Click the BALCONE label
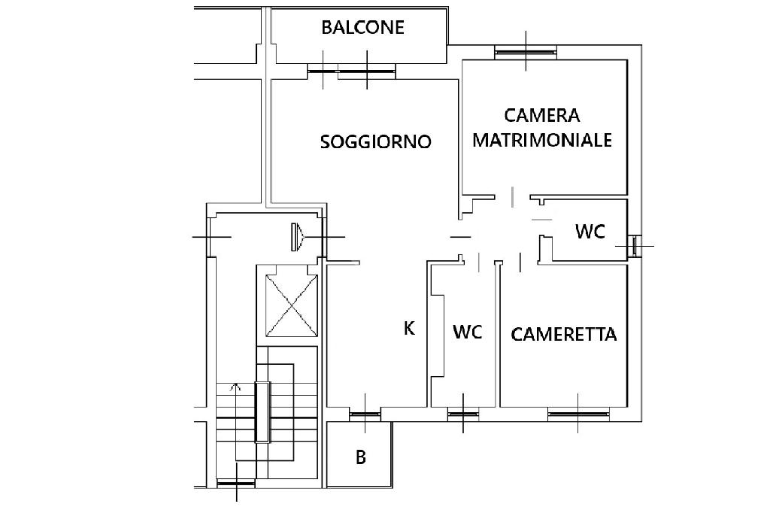click(x=362, y=28)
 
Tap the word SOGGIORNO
click(x=375, y=141)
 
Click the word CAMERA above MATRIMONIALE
click(x=542, y=116)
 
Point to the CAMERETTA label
click(x=564, y=335)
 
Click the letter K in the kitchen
click(x=410, y=328)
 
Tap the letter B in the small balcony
click(x=361, y=457)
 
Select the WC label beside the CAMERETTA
click(x=467, y=332)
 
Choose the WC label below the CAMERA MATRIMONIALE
click(x=590, y=232)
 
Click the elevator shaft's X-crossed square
click(x=293, y=305)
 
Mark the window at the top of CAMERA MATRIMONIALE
click(x=526, y=51)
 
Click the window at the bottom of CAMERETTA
click(x=577, y=411)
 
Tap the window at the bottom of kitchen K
click(x=365, y=412)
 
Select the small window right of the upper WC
click(x=635, y=245)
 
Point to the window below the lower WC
click(x=462, y=412)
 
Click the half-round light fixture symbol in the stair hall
click(x=296, y=237)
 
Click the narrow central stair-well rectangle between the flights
click(x=262, y=412)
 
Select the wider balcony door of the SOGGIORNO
click(x=366, y=72)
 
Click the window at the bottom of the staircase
click(x=237, y=484)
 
